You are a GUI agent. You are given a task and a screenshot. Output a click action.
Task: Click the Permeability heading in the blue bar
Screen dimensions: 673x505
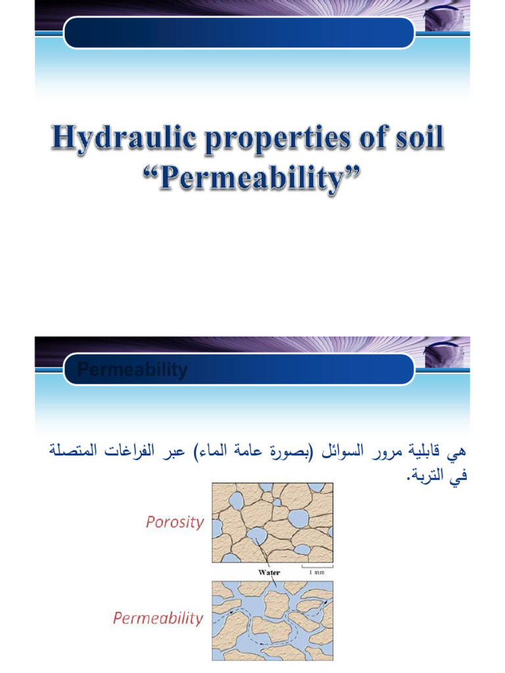pos(132,370)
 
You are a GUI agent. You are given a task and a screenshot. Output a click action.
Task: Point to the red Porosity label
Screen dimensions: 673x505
pos(174,522)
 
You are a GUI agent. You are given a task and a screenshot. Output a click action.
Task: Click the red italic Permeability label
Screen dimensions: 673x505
pos(158,618)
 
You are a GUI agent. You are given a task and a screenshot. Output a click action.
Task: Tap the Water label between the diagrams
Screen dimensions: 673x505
pos(269,572)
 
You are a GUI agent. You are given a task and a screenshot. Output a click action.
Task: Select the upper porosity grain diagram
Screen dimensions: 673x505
pos(272,522)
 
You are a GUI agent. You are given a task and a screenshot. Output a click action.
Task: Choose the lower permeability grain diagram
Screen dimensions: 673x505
pos(272,620)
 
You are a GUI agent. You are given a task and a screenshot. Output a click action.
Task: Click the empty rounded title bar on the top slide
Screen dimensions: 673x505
pos(239,32)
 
